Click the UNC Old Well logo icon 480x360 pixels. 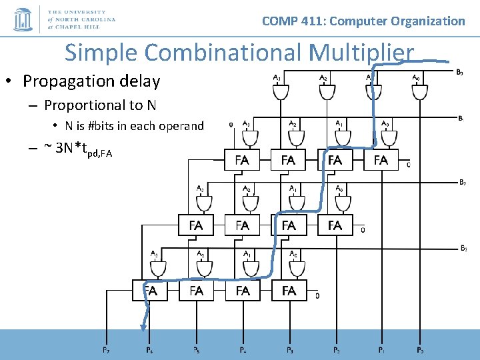pos(23,19)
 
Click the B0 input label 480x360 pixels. pos(460,71)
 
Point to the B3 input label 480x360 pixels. pos(463,248)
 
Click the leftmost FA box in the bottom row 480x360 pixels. pos(150,291)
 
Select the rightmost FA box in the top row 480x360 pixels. pos(381,160)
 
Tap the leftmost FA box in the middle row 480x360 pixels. pos(196,225)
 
